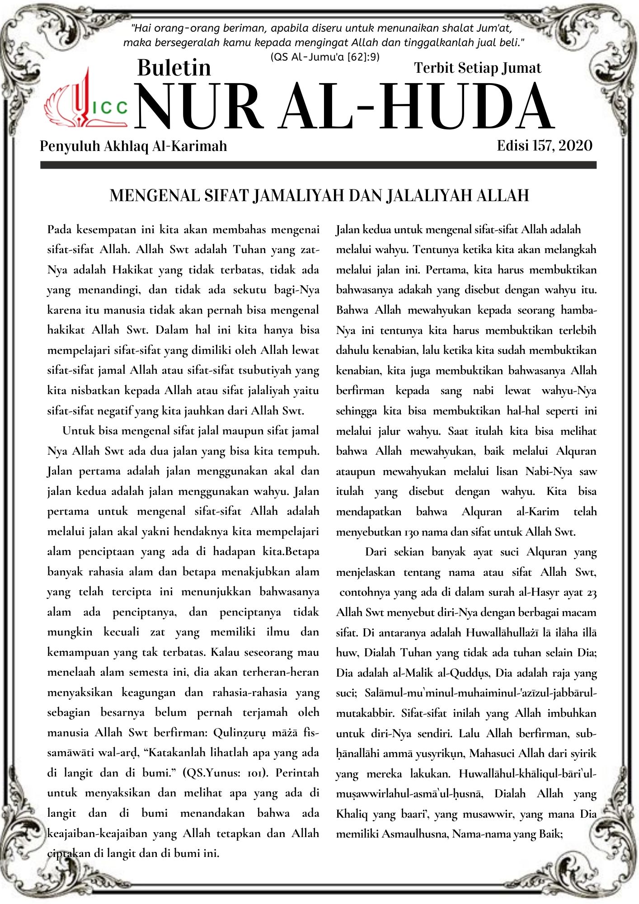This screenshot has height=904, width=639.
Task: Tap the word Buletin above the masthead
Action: (174, 68)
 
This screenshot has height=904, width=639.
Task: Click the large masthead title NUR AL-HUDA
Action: (344, 107)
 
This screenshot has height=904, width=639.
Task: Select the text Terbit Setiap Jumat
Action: (477, 68)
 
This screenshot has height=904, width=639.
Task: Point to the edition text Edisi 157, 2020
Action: (545, 146)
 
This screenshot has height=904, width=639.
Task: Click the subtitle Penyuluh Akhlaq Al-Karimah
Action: (133, 146)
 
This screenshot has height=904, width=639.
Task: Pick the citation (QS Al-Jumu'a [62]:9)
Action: (324, 57)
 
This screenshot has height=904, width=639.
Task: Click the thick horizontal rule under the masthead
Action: (318, 165)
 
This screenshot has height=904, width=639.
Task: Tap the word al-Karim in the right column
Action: (537, 512)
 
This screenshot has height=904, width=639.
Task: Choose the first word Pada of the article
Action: (60, 230)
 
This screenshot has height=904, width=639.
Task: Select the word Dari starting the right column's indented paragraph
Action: (376, 552)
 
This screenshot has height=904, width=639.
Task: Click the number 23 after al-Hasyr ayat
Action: (592, 592)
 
